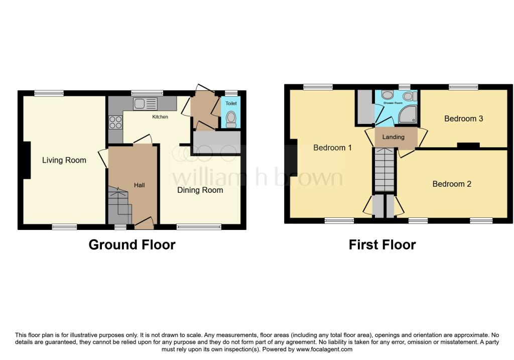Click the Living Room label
tap(64, 160)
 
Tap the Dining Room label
tap(200, 190)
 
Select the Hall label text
tap(140, 185)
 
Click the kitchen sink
tap(145, 103)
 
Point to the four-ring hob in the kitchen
tap(116, 123)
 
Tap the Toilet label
tap(231, 103)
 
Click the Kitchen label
tap(160, 116)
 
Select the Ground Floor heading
tap(132, 245)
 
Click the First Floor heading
tap(382, 245)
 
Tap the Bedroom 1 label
tap(332, 148)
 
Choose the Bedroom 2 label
tap(452, 184)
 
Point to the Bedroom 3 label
tap(463, 118)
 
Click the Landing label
tap(394, 137)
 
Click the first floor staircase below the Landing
tap(384, 170)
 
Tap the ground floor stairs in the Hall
tap(120, 205)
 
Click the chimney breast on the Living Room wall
tap(27, 160)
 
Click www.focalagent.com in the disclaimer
tap(324, 349)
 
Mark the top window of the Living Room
tap(49, 93)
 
